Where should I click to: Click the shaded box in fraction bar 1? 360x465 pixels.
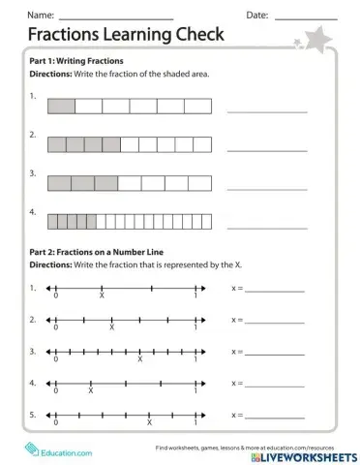click(x=61, y=104)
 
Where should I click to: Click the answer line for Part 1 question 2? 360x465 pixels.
click(x=267, y=148)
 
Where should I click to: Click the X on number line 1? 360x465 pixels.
click(x=103, y=296)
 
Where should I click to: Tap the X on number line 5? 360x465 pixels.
click(x=149, y=423)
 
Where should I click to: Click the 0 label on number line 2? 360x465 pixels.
click(x=56, y=328)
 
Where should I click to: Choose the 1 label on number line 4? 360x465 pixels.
click(x=196, y=391)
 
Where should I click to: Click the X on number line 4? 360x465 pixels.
click(x=91, y=391)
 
